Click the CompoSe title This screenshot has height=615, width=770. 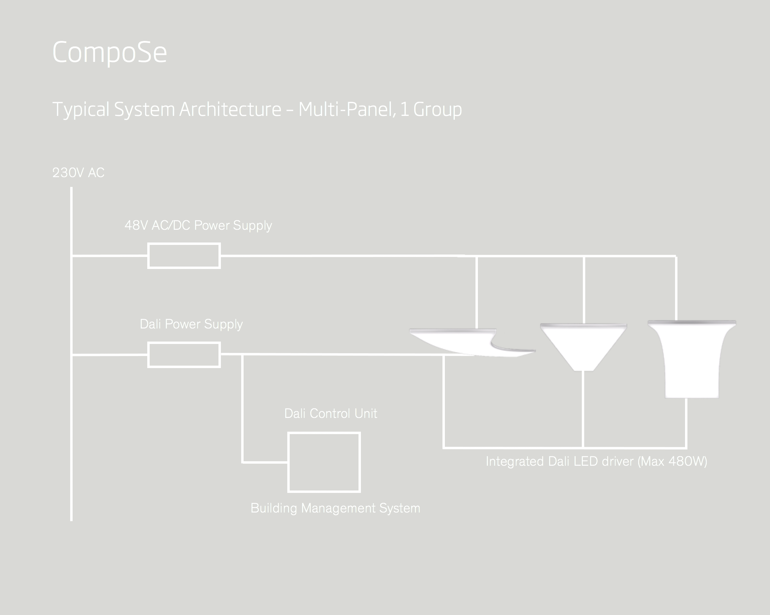[109, 53]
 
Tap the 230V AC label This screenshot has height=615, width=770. [78, 173]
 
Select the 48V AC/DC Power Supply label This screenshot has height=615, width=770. [198, 225]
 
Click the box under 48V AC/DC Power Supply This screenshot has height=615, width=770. [184, 256]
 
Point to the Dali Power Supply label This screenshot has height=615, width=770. [191, 324]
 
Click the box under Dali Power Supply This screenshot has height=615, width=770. [184, 355]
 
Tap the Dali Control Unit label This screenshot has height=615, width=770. [330, 413]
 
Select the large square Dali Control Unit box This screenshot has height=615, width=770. [324, 462]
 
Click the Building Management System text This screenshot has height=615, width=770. [335, 508]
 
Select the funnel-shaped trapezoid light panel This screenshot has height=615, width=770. [583, 345]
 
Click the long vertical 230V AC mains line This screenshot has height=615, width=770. [72, 429]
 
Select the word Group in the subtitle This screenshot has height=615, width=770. [438, 110]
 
